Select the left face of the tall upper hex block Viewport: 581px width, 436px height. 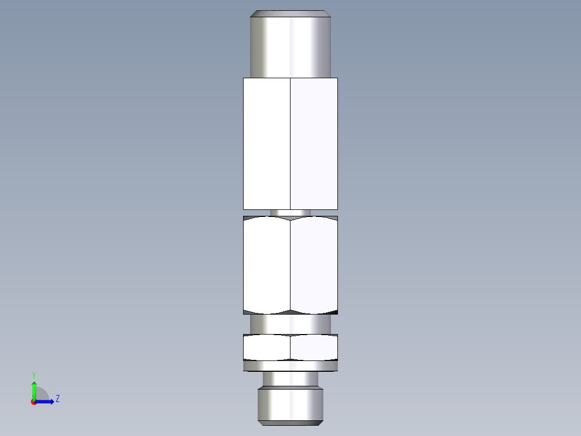point(266,143)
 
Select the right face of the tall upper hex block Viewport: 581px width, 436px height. point(314,143)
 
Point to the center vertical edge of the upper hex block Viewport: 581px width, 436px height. point(290,143)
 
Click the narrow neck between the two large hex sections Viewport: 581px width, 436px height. point(290,213)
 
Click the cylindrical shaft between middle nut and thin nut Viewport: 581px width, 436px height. point(290,324)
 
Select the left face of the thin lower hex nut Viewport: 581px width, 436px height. point(266,347)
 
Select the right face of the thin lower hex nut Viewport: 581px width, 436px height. point(314,347)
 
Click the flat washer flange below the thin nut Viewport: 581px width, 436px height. point(290,366)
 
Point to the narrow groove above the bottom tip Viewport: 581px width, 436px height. point(290,379)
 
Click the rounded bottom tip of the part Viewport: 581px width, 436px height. point(290,406)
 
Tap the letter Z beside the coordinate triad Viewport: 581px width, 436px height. point(57,399)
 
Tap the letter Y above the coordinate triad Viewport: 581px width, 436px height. point(33,375)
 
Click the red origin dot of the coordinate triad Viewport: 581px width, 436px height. point(34,402)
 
